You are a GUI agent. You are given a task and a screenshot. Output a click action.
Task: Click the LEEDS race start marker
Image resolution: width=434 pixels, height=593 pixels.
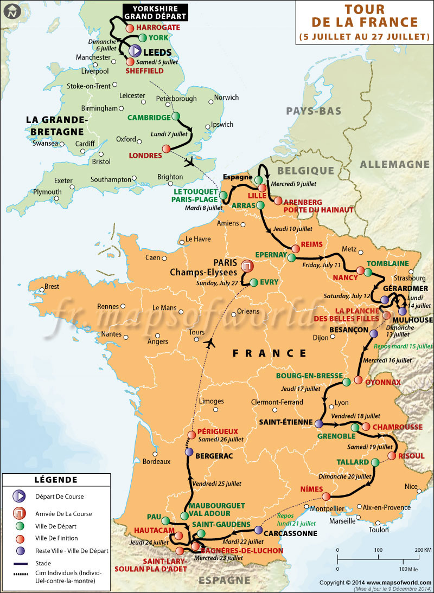(x=135, y=51)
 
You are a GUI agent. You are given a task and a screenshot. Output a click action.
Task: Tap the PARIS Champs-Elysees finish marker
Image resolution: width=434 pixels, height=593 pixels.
(x=247, y=266)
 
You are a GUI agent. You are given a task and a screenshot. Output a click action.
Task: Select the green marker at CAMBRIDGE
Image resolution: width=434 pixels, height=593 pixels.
(x=176, y=117)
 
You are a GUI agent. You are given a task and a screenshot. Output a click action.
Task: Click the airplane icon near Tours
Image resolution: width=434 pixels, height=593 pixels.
(x=210, y=343)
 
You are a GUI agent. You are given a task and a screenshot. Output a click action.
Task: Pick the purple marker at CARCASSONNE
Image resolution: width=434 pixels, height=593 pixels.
(x=258, y=530)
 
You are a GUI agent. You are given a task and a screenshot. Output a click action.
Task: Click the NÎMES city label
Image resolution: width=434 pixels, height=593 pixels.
(x=311, y=489)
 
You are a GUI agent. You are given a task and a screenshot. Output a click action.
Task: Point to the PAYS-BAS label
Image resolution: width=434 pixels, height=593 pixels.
(x=314, y=111)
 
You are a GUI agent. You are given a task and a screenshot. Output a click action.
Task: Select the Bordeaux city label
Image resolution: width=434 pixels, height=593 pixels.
(x=157, y=462)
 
